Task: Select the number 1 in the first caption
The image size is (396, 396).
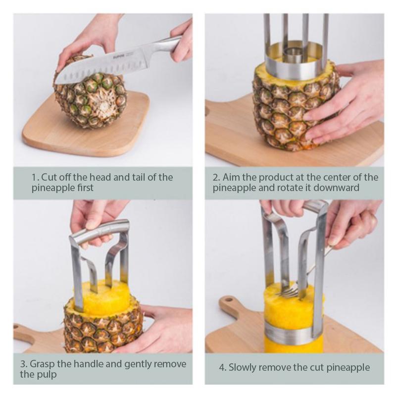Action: [34, 177]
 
